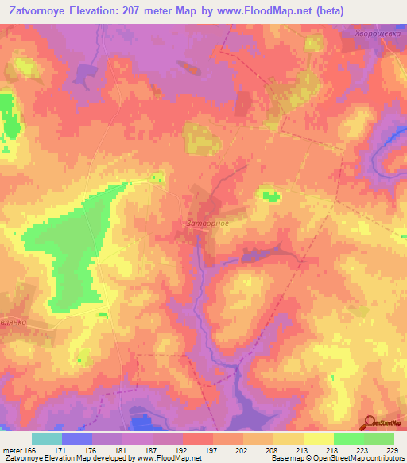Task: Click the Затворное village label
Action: [207, 224]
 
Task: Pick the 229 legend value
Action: [393, 451]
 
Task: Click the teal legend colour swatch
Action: [47, 438]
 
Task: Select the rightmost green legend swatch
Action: [379, 438]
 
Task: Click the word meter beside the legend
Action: [12, 451]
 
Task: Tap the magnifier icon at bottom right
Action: [369, 422]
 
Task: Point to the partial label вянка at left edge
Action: [14, 321]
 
